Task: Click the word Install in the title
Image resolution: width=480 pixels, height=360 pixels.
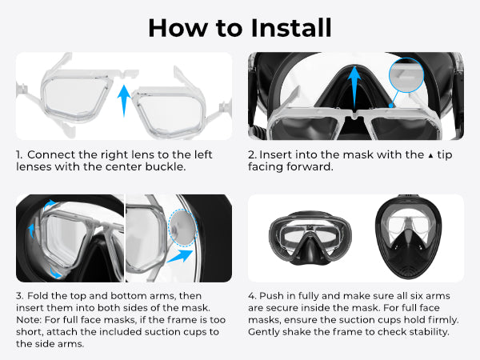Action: coord(291,28)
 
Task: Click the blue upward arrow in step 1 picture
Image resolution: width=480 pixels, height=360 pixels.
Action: coord(124,101)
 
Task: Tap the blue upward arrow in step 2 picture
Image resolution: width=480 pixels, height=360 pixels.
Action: coord(354,87)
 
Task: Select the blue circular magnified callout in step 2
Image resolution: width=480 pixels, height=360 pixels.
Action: coord(406,74)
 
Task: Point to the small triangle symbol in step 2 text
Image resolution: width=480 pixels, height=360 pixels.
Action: coord(430,156)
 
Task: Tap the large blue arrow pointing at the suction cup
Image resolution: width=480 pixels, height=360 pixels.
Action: coord(180,256)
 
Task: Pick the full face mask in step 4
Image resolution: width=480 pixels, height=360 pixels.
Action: coord(408,238)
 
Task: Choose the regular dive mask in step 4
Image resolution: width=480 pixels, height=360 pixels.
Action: coord(310,238)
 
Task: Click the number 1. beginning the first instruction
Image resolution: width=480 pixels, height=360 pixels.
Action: coord(19,154)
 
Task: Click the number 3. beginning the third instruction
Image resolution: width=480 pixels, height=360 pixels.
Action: coord(19,296)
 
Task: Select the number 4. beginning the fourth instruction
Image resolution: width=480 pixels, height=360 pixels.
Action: coord(252,296)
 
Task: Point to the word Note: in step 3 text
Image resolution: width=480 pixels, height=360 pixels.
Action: coord(29,320)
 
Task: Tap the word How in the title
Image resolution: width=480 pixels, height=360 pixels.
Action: coord(178,28)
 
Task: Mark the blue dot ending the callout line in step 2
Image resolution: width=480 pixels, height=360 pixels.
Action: coord(391,106)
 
